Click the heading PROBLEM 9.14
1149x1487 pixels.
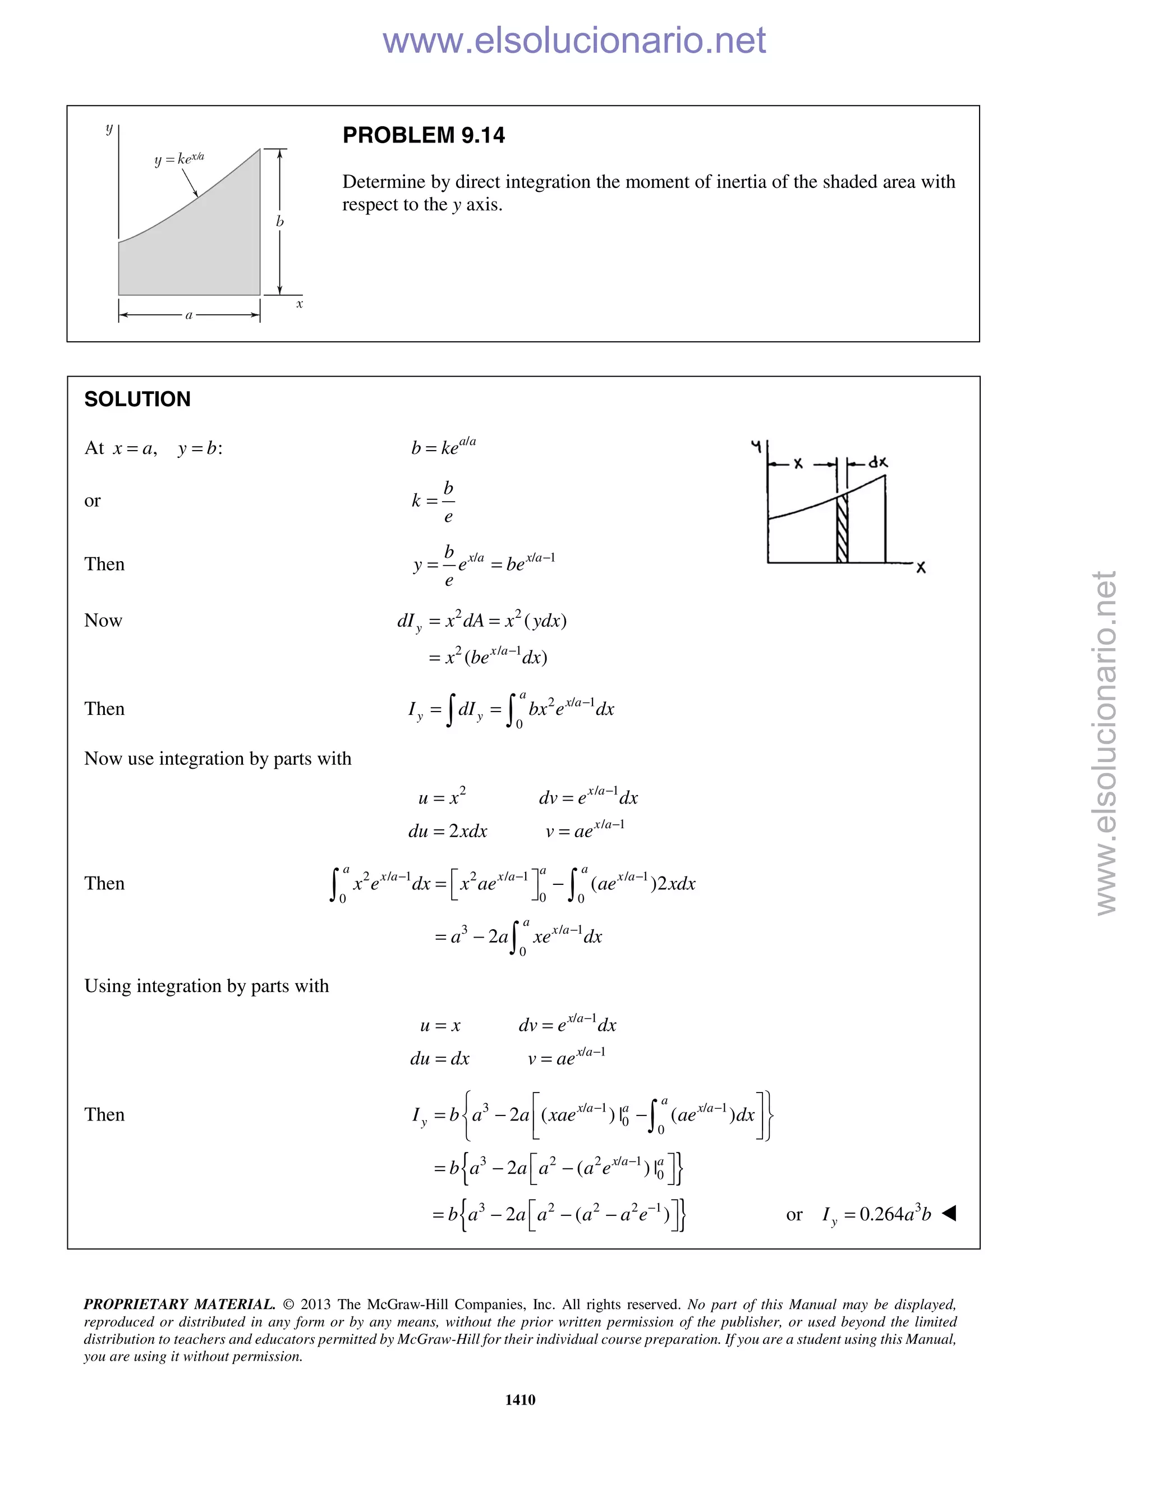(424, 135)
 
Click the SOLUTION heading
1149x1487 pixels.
(137, 399)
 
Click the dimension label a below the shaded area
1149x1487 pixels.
(189, 315)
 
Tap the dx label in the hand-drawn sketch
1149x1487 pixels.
(877, 462)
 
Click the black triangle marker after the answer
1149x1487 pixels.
(949, 1213)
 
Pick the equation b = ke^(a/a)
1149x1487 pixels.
(443, 447)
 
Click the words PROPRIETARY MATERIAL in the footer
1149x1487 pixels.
(179, 1304)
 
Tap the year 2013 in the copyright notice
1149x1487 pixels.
(315, 1304)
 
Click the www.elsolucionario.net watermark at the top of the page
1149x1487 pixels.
(574, 41)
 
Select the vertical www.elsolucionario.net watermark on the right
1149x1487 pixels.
(1106, 742)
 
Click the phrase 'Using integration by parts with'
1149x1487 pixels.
(206, 986)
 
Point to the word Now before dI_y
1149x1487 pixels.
(103, 620)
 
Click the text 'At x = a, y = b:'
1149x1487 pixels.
(153, 448)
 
